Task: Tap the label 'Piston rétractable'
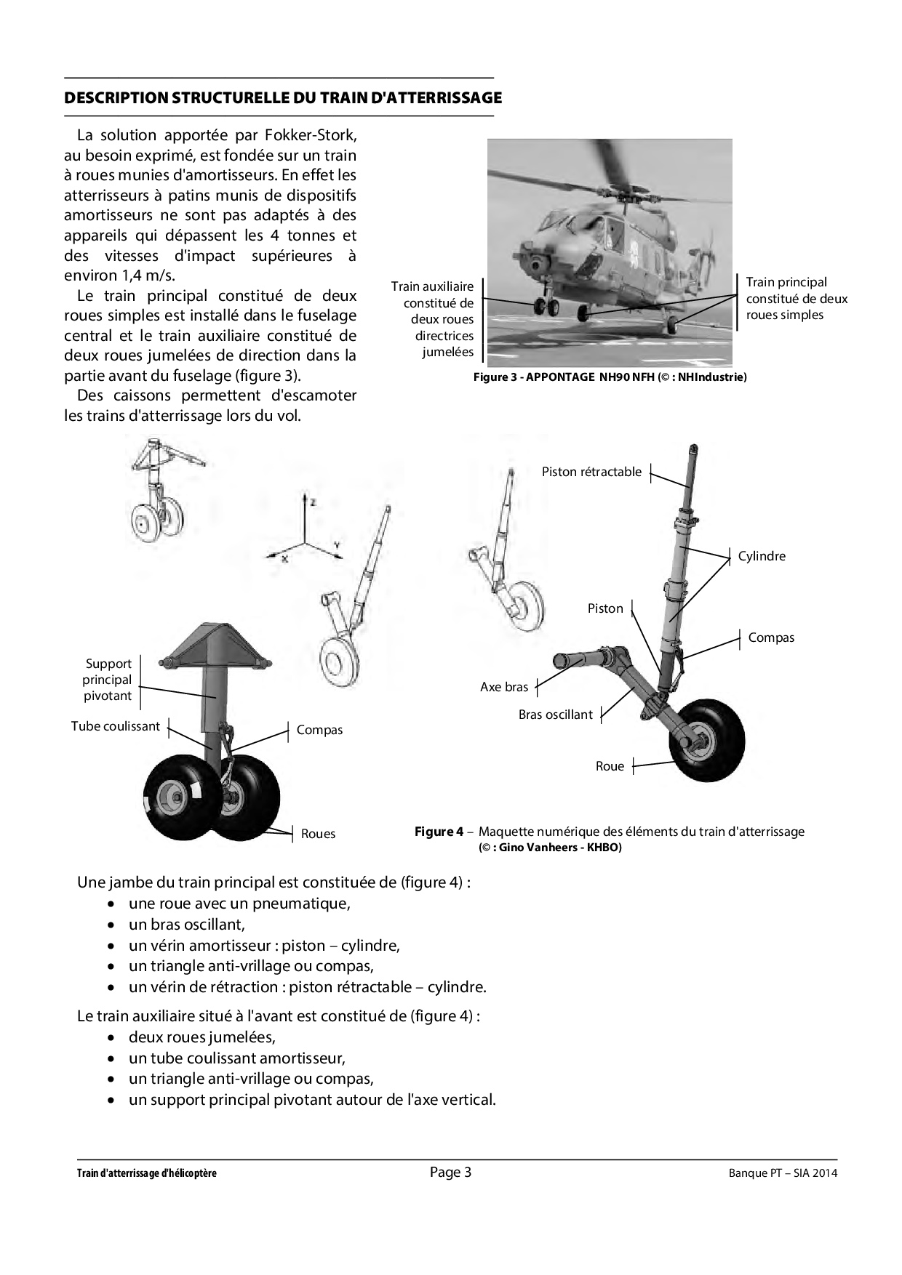(591, 472)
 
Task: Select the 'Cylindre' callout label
(762, 556)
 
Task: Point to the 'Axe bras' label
(504, 686)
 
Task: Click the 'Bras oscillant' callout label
(555, 715)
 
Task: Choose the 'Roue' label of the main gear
(610, 766)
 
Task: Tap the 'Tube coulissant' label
(115, 726)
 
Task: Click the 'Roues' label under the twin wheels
(318, 834)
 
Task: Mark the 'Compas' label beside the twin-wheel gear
(319, 730)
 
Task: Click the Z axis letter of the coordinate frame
(312, 502)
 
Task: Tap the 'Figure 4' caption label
(439, 832)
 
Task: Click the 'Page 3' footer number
(450, 1172)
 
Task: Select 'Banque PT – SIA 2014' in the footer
(783, 1173)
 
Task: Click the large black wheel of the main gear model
(707, 741)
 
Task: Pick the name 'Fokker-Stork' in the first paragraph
(308, 134)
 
